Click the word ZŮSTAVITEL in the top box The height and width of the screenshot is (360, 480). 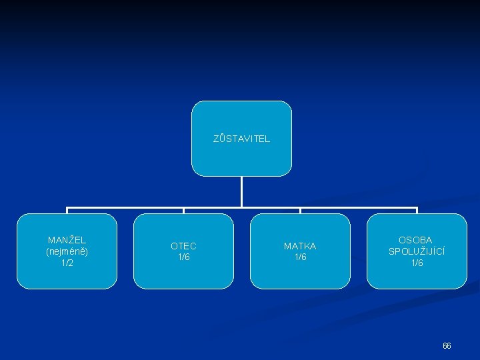[241, 139]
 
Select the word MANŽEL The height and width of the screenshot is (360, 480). [67, 240]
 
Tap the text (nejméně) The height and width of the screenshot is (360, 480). [67, 251]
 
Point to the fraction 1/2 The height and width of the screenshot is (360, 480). [67, 263]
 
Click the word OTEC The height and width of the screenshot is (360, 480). [183, 246]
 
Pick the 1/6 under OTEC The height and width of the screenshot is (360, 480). [183, 257]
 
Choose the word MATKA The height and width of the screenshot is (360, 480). [300, 246]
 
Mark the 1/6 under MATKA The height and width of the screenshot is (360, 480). [300, 257]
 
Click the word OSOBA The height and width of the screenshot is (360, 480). [415, 240]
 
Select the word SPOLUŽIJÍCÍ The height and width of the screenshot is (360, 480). [417, 251]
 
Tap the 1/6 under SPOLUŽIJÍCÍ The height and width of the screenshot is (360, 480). [417, 263]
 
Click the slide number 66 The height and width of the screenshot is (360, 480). [447, 346]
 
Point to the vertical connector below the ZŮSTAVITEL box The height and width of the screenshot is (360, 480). [241, 191]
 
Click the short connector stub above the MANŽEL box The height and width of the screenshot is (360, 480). [67, 211]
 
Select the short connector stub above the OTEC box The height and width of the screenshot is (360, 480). [183, 211]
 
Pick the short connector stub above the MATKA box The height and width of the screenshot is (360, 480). [300, 211]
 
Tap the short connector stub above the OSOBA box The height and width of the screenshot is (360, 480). [417, 211]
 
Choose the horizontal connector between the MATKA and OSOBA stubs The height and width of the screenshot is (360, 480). [359, 208]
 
